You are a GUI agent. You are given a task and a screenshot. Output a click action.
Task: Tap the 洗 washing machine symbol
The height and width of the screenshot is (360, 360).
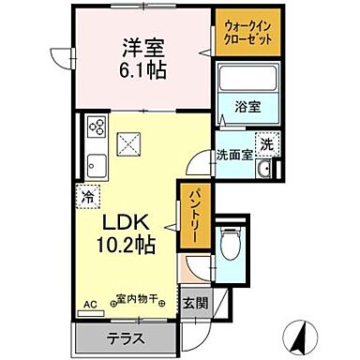266,144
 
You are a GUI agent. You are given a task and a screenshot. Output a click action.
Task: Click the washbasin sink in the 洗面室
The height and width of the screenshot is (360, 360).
265,169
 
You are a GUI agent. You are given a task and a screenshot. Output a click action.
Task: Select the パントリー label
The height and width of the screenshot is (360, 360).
188,217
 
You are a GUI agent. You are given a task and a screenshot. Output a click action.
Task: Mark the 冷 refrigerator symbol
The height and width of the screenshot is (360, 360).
87,199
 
